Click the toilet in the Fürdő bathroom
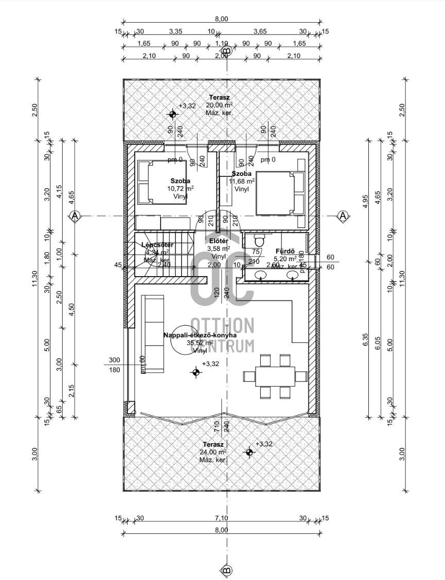pos(259,241)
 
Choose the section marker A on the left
pos(75,216)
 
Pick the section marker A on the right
pos(343,216)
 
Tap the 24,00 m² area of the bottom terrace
pos(212,452)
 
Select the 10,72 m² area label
pos(181,189)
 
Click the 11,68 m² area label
pos(241,182)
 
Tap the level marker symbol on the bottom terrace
pos(250,452)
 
